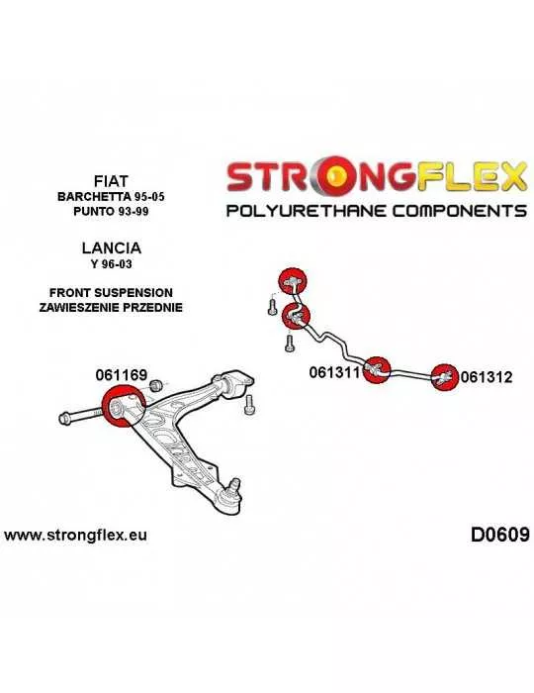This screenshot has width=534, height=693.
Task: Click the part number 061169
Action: (121, 375)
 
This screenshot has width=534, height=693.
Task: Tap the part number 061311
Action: (335, 372)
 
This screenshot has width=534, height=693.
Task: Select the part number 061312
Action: (487, 377)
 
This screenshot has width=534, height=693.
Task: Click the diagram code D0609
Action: (499, 535)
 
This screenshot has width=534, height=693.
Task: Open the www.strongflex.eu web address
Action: (75, 536)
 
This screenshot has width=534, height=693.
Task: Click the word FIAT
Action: (111, 181)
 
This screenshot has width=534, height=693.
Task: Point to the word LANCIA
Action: (111, 247)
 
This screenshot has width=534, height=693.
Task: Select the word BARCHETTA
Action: (91, 197)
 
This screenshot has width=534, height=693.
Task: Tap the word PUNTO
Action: (93, 211)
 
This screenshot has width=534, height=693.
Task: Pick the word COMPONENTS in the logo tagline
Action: (460, 210)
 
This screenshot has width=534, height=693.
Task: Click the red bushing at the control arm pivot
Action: (124, 406)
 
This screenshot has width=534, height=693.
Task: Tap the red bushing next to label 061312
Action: (445, 377)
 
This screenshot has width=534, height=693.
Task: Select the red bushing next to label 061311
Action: (377, 369)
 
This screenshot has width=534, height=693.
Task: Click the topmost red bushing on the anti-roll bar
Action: (293, 281)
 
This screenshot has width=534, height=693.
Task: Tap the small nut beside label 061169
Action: (156, 385)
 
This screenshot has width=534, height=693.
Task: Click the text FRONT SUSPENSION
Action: (111, 293)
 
